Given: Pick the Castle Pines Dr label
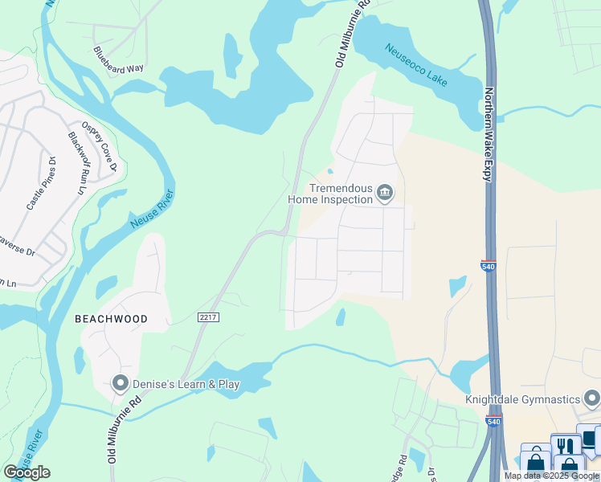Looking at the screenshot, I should point(41,184).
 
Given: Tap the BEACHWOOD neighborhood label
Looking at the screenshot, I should point(111,319).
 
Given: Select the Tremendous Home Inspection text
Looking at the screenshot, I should point(330,193).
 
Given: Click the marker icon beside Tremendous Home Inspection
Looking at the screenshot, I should point(385,193).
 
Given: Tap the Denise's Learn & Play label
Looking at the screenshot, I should point(186,384).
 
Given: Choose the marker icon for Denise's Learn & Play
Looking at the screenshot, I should point(121,384).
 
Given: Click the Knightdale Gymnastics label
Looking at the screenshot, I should point(522,399).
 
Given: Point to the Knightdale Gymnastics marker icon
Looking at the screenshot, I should point(591,398).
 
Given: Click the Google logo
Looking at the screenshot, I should point(27,472).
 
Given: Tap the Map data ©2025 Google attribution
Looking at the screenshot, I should point(551,476).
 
